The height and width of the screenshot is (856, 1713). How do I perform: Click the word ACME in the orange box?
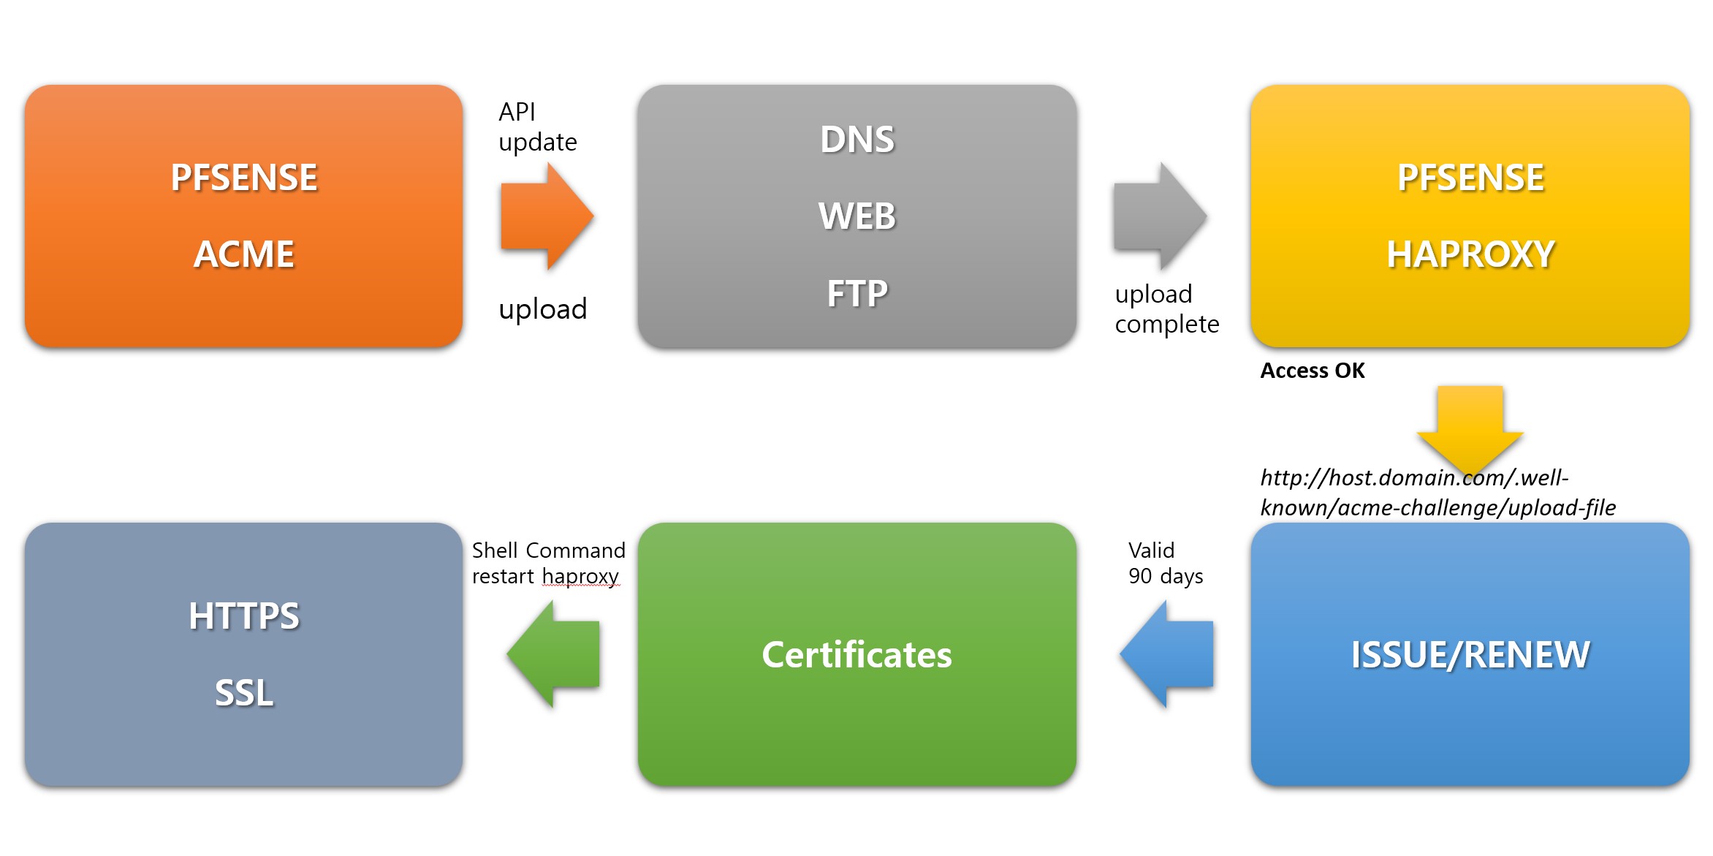(244, 254)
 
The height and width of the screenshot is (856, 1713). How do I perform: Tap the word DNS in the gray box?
(857, 140)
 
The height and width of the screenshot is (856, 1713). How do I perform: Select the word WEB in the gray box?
(857, 216)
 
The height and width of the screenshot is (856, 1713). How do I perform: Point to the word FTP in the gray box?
(857, 294)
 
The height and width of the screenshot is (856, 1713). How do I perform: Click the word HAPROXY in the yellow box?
(1470, 254)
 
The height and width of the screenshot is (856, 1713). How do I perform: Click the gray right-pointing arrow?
(1159, 216)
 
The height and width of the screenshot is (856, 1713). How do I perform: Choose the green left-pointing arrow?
(553, 654)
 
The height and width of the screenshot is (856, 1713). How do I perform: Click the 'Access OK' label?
(1313, 371)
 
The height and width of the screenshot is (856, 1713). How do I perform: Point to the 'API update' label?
(537, 127)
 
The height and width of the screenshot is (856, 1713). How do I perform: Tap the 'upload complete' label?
(1166, 308)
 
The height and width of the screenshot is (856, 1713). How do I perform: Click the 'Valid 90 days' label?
(1165, 563)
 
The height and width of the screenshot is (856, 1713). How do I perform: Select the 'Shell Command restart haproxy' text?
(548, 563)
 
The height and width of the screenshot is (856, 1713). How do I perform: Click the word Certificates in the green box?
(856, 654)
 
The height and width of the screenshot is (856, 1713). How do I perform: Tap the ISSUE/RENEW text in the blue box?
(1470, 654)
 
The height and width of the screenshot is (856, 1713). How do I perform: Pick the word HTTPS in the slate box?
(244, 616)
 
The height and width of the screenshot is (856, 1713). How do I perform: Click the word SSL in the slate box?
(244, 693)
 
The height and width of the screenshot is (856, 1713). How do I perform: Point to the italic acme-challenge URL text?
(1437, 493)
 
